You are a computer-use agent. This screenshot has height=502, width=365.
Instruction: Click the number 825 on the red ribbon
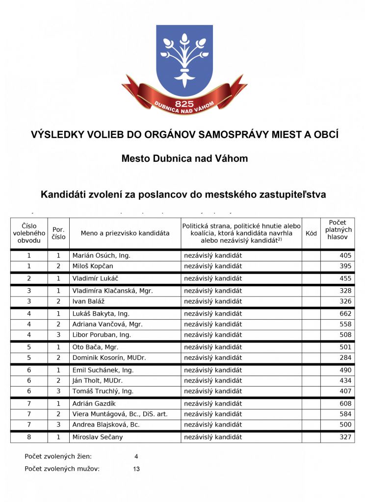point(184,104)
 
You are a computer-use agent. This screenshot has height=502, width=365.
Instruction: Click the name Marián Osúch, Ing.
point(101,255)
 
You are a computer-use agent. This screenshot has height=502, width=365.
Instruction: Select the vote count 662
point(345,313)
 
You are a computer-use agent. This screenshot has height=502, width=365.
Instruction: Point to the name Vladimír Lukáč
point(96,278)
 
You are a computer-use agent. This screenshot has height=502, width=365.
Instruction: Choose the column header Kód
point(311,233)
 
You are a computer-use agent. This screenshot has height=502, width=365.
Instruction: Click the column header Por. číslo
point(58,233)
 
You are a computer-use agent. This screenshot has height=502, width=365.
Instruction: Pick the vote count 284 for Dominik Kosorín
point(345,357)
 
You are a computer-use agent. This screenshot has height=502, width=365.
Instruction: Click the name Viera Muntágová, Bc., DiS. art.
point(120,414)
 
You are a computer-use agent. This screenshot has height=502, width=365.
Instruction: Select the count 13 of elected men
point(136,469)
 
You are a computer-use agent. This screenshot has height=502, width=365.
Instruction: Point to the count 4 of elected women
point(136,456)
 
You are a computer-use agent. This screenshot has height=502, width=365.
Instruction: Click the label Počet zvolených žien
point(58,456)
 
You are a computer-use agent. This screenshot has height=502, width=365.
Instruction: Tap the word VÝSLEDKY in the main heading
point(58,134)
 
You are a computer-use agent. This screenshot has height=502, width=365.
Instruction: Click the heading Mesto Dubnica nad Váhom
point(184,158)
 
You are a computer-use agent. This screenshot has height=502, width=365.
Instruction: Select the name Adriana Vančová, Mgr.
point(107,324)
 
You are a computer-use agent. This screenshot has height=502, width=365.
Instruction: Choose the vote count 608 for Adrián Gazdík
point(345,403)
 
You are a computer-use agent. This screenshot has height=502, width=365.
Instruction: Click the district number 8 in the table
point(29,437)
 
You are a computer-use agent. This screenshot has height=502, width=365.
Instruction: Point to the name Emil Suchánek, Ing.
point(103,370)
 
